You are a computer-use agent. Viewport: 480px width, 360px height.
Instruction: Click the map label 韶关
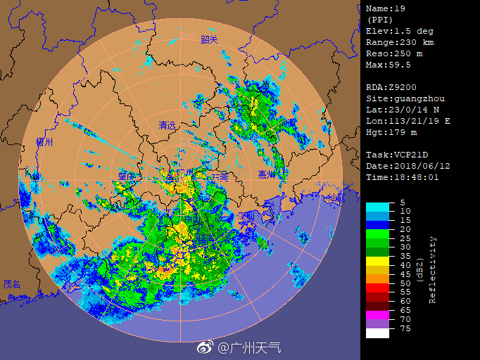coord(210,39)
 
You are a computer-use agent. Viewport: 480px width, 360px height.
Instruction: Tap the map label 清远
coord(168,125)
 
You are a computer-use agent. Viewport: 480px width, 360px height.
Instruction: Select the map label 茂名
coord(12,284)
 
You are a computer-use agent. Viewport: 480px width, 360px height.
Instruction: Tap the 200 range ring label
coord(188,36)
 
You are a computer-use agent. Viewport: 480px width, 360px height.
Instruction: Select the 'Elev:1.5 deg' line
coord(399,31)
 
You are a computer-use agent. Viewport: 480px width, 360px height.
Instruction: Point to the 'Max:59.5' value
coord(388,65)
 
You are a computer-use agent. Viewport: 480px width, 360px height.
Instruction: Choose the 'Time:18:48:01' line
coord(402,177)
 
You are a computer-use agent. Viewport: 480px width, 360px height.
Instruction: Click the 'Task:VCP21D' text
coord(396,155)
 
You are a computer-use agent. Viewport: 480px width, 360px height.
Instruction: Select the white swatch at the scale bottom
coord(377,333)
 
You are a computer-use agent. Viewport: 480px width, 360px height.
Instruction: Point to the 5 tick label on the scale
coord(402,202)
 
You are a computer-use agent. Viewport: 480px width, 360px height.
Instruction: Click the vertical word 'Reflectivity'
coord(433,269)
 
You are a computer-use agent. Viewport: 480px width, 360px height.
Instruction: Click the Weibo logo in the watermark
coord(204,347)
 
